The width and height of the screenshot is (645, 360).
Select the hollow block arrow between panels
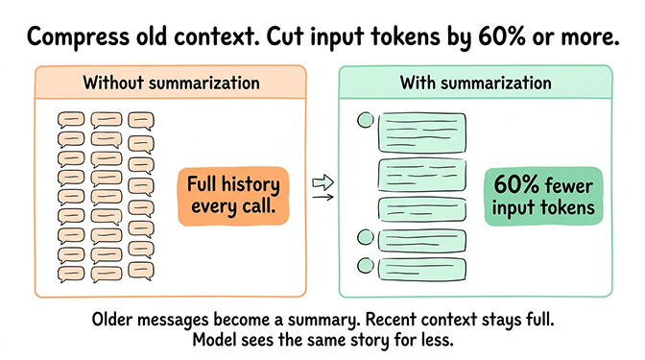pos(322,180)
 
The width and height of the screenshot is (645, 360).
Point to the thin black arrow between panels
pos(322,198)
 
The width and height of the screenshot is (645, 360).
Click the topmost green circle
pos(365,122)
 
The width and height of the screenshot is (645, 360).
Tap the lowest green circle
pos(365,266)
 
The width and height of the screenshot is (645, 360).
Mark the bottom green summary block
pos(423,268)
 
